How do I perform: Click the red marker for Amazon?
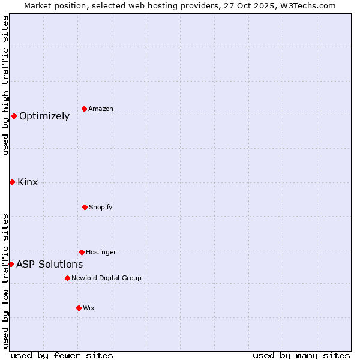[85, 109]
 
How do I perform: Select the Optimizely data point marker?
[14, 116]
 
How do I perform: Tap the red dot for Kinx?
[12, 182]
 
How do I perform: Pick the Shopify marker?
[85, 207]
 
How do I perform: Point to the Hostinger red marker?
[82, 252]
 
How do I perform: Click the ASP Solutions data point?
[11, 264]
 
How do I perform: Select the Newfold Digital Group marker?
[67, 278]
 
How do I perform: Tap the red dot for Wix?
[79, 308]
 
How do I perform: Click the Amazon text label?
[101, 109]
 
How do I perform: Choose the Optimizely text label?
[44, 116]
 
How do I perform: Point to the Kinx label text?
[28, 182]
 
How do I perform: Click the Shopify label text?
[101, 207]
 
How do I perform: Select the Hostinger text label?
[101, 252]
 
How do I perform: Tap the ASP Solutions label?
[49, 265]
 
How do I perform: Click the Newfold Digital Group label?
[106, 278]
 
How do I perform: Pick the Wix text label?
[89, 308]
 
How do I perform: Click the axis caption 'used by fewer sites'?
[62, 355]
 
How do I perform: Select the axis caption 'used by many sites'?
[301, 355]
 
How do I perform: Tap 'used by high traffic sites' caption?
[5, 85]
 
